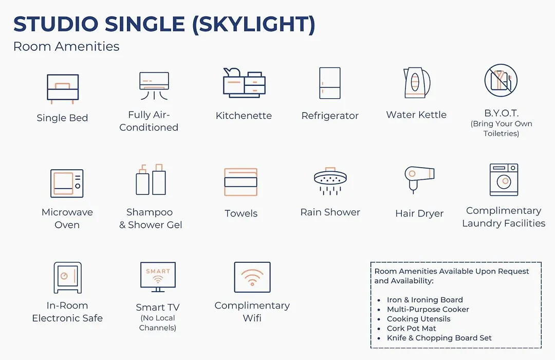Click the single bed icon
click(x=63, y=88)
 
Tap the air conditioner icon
click(x=154, y=86)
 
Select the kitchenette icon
click(x=244, y=83)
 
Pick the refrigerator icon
click(x=329, y=83)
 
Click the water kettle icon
click(x=417, y=83)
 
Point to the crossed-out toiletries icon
click(x=501, y=80)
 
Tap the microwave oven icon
click(x=67, y=183)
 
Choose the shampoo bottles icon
click(x=151, y=179)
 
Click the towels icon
click(x=240, y=182)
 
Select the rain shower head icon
click(x=330, y=181)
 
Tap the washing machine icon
click(x=504, y=179)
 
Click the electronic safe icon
click(x=67, y=277)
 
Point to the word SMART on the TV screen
click(x=158, y=271)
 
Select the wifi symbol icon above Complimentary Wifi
click(x=252, y=277)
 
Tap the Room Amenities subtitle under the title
click(x=66, y=46)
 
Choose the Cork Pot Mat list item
click(x=411, y=329)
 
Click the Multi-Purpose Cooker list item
click(x=428, y=309)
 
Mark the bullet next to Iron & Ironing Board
click(x=379, y=300)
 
